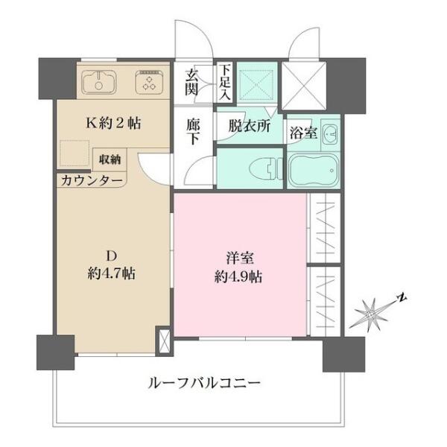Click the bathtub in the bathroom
313,171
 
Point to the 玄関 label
192,81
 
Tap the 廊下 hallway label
192,132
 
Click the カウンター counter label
90,180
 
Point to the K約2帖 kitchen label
114,124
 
